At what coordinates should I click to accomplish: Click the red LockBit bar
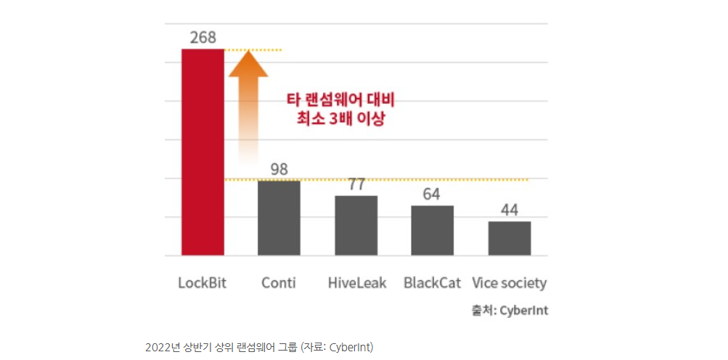click(203, 152)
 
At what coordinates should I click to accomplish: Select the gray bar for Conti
click(279, 218)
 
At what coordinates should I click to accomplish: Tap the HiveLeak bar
click(356, 225)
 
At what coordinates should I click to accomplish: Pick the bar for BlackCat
click(432, 230)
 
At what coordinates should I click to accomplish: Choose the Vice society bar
click(509, 238)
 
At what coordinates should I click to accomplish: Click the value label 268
click(203, 37)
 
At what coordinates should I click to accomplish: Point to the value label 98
click(279, 169)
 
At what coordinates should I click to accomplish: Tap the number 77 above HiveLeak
click(356, 184)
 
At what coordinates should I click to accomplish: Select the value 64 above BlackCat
click(432, 195)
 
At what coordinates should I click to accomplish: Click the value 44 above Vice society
click(509, 210)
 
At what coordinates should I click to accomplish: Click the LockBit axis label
click(203, 283)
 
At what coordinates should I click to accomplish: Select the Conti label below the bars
click(279, 283)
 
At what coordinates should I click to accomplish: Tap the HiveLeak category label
click(356, 283)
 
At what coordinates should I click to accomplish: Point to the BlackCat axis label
click(433, 283)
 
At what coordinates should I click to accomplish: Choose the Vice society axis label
click(509, 283)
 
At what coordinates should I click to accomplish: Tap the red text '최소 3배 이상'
click(340, 118)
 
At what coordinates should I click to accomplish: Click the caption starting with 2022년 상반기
click(259, 347)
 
